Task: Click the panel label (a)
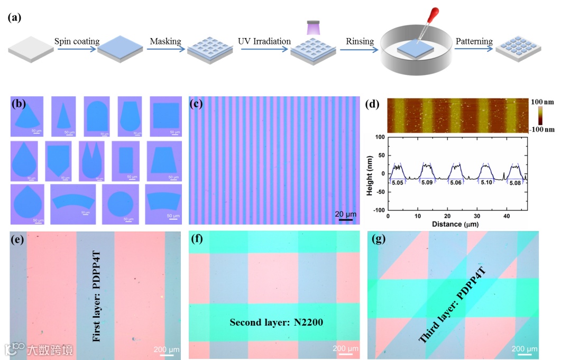coord(14,17)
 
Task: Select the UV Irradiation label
coord(265,41)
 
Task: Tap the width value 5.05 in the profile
coord(397,182)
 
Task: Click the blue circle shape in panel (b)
coord(119,204)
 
